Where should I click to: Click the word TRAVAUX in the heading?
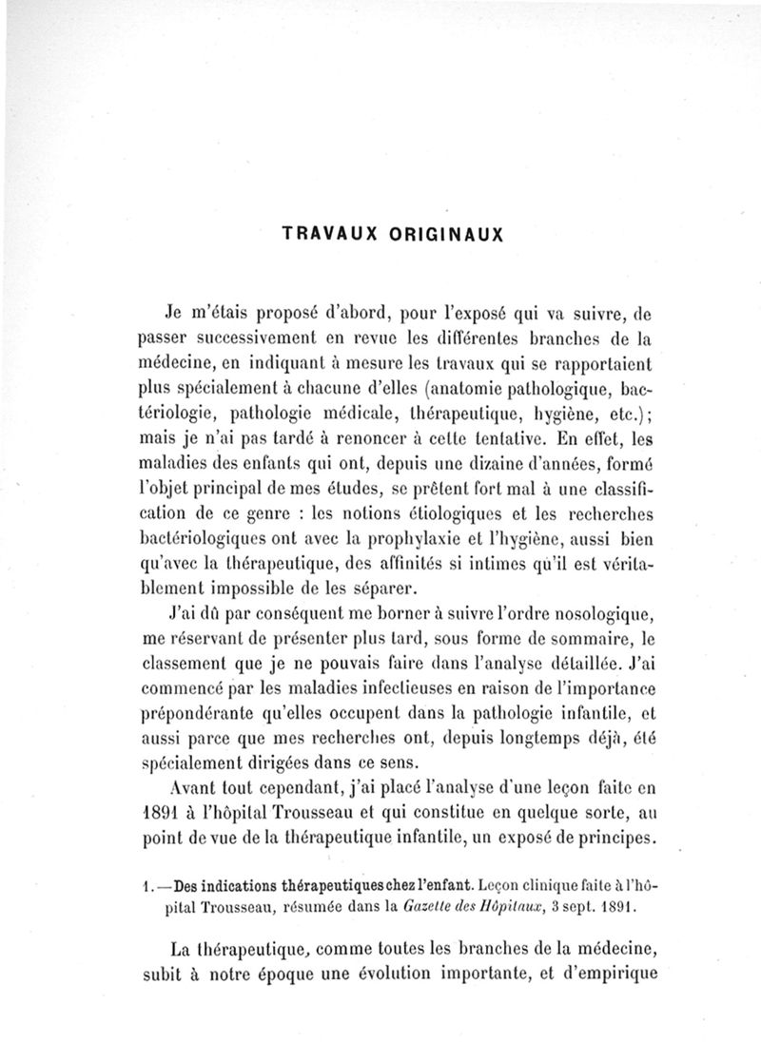point(321,231)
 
